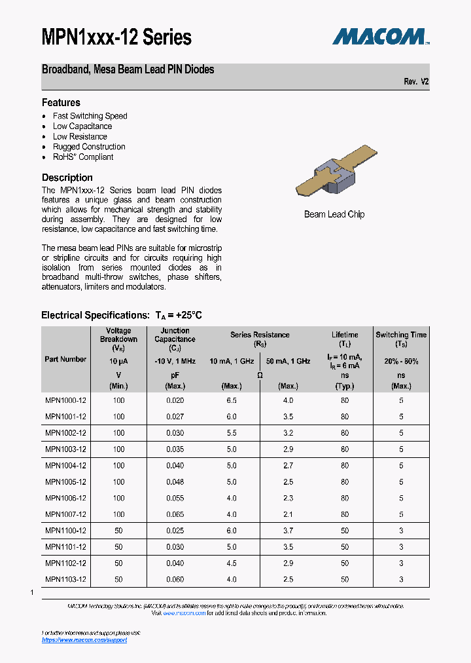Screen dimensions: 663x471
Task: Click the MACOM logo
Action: pyautogui.click(x=380, y=37)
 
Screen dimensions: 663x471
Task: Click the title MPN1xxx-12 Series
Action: pyautogui.click(x=116, y=38)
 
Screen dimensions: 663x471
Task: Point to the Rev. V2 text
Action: pyautogui.click(x=416, y=82)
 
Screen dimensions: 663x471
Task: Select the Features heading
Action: pyautogui.click(x=61, y=102)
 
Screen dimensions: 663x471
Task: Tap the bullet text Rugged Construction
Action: pyautogui.click(x=89, y=147)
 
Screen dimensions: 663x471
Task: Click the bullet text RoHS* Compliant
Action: pyautogui.click(x=83, y=157)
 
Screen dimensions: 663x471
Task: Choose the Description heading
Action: pyautogui.click(x=67, y=178)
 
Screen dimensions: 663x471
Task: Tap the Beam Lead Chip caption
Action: pyautogui.click(x=334, y=214)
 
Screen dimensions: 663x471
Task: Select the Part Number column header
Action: pyautogui.click(x=65, y=359)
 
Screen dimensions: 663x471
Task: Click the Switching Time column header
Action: pyautogui.click(x=401, y=339)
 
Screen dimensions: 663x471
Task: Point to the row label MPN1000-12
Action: pyautogui.click(x=65, y=400)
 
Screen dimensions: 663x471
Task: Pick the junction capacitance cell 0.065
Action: pyautogui.click(x=175, y=514)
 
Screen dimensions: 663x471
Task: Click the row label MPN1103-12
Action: pyautogui.click(x=65, y=579)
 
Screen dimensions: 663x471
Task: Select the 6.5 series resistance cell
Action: pyautogui.click(x=231, y=400)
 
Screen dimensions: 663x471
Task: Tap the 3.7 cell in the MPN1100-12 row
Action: pyautogui.click(x=288, y=531)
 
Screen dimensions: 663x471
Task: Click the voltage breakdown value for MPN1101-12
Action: pyautogui.click(x=118, y=547)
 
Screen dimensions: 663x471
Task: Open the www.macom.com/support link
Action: pyautogui.click(x=84, y=640)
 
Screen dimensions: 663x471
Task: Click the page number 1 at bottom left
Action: pyautogui.click(x=31, y=592)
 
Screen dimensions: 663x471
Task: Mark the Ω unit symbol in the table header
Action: pyautogui.click(x=260, y=375)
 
